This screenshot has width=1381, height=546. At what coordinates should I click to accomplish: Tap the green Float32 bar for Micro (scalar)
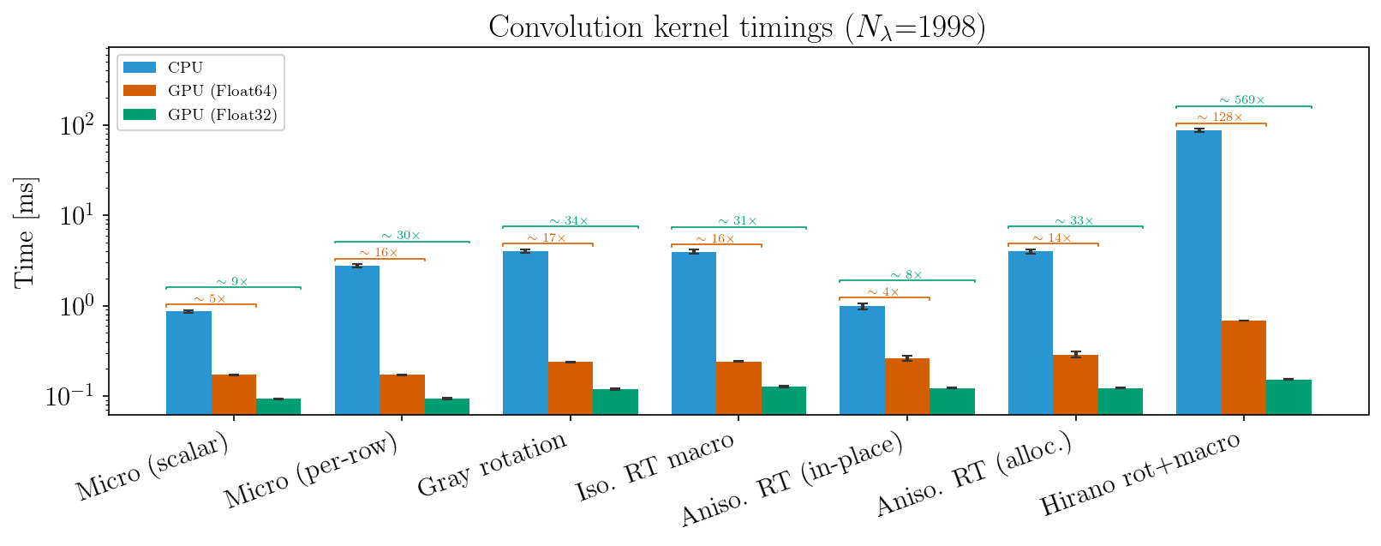[x=278, y=406]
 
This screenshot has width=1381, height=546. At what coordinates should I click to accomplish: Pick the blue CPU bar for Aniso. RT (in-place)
[x=862, y=360]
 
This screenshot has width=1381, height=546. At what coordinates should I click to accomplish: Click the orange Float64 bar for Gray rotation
[x=570, y=387]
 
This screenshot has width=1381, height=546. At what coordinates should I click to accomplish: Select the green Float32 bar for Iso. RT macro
[x=783, y=400]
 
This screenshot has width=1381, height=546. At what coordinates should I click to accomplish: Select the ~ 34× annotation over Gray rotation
[x=569, y=221]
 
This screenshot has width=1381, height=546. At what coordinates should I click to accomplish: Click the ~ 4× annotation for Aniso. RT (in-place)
[x=883, y=292]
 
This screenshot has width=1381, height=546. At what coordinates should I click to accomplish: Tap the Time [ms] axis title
[x=25, y=231]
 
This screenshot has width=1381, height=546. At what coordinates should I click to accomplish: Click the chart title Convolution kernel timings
[x=737, y=27]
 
